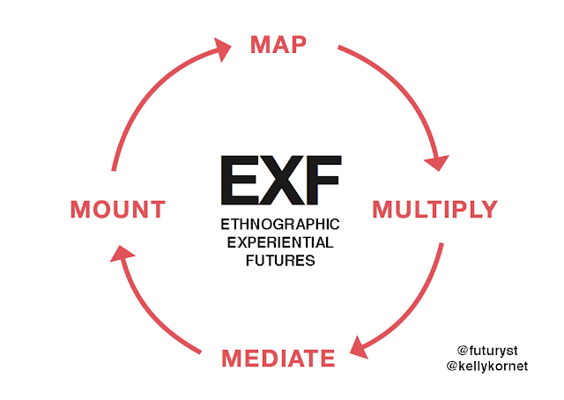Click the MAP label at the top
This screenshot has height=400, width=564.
point(278,43)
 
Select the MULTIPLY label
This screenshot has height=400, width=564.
point(434,210)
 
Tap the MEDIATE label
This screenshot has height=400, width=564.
point(278,359)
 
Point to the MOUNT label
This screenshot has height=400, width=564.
point(118,210)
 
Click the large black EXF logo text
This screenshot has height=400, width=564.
point(280,181)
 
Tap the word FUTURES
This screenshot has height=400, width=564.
point(280,260)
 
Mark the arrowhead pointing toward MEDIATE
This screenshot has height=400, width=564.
point(360,347)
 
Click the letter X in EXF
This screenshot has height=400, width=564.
point(280,181)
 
